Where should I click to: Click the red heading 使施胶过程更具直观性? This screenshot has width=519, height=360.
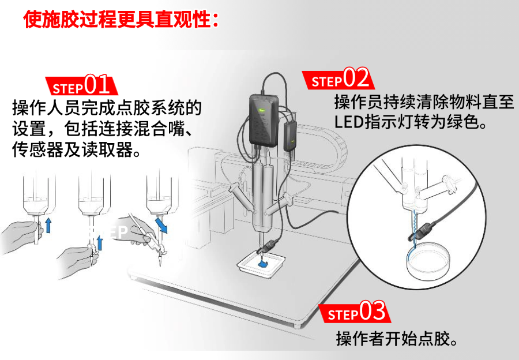click(x=121, y=19)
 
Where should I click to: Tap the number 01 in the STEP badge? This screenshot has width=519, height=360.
click(x=97, y=84)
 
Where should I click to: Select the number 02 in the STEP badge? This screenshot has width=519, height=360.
click(x=355, y=77)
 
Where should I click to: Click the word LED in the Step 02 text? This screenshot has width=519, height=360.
click(x=349, y=122)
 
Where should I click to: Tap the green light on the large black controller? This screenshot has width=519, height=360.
click(x=261, y=110)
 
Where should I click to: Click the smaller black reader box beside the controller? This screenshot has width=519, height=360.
click(x=290, y=137)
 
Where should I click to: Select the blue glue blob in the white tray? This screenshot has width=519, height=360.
click(x=263, y=263)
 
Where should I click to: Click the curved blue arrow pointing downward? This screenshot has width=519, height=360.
click(x=161, y=224)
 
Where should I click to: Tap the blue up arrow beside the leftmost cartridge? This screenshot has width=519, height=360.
click(x=48, y=225)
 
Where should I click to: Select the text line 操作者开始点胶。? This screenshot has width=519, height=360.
click(x=397, y=338)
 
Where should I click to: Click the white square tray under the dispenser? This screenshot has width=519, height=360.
click(x=261, y=263)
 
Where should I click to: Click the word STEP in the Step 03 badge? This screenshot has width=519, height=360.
click(x=343, y=314)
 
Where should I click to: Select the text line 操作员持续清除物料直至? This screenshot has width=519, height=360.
click(x=424, y=102)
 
